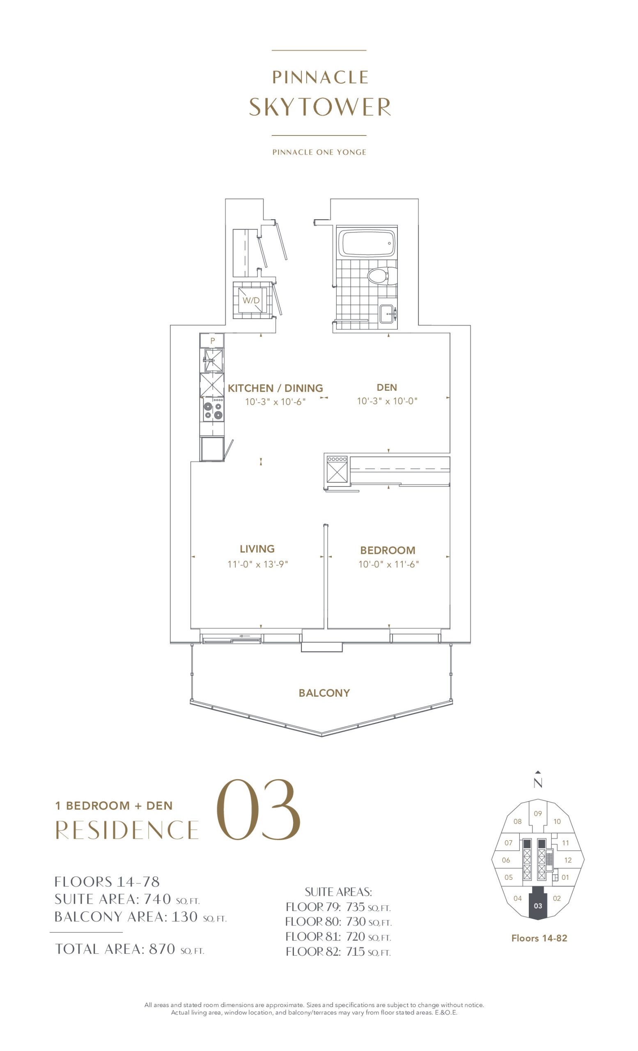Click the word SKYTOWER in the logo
click(x=319, y=107)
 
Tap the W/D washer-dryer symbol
click(x=252, y=300)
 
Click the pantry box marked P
click(x=212, y=340)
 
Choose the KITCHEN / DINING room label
click(x=275, y=388)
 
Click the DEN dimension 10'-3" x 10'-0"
click(x=387, y=401)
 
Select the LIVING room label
click(x=257, y=549)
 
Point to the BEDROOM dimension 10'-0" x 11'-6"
click(x=388, y=565)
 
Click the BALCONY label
click(x=324, y=693)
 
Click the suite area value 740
click(x=157, y=899)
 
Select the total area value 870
click(x=162, y=949)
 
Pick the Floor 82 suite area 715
click(x=355, y=952)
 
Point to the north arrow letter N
click(x=538, y=783)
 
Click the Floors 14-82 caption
click(x=539, y=939)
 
